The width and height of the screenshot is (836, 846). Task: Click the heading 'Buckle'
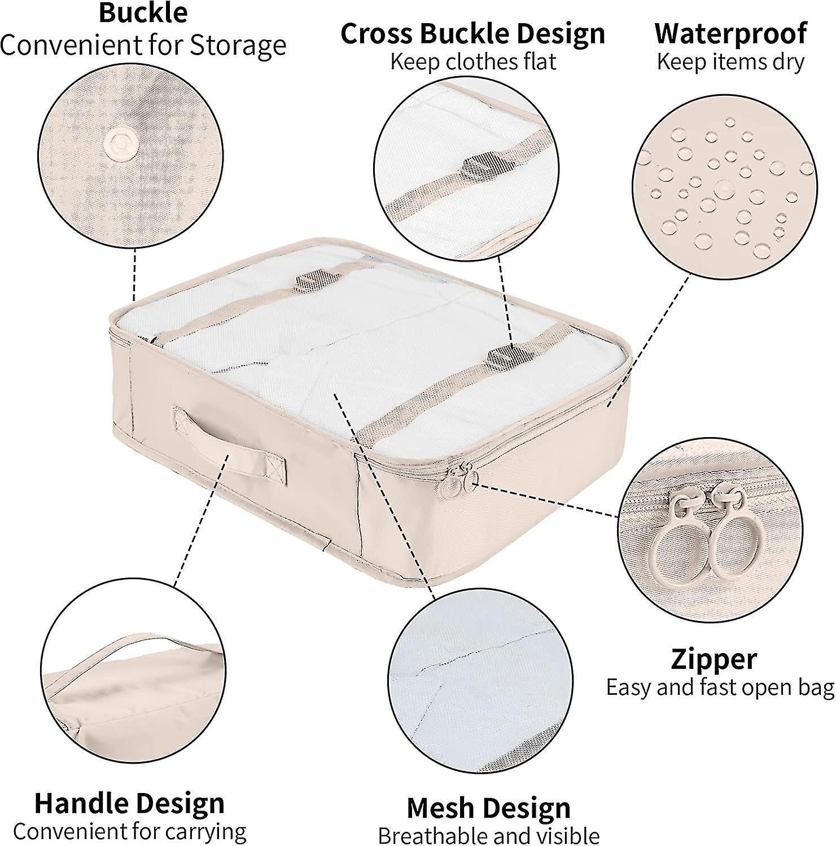coord(143,12)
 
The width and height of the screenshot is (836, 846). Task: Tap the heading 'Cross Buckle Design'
coord(472,34)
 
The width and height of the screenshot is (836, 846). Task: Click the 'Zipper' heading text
coord(714,659)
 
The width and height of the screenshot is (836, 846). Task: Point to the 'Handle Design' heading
coord(129,803)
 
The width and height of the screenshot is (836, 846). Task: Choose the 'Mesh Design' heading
coord(488,808)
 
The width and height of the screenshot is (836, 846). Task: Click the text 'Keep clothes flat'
coord(473,61)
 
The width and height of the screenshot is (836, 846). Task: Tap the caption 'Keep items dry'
coord(730,61)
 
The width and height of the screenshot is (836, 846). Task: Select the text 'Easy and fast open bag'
coord(720,688)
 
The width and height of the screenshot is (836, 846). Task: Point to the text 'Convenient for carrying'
coord(129,831)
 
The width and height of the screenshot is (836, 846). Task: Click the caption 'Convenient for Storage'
coord(143,45)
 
